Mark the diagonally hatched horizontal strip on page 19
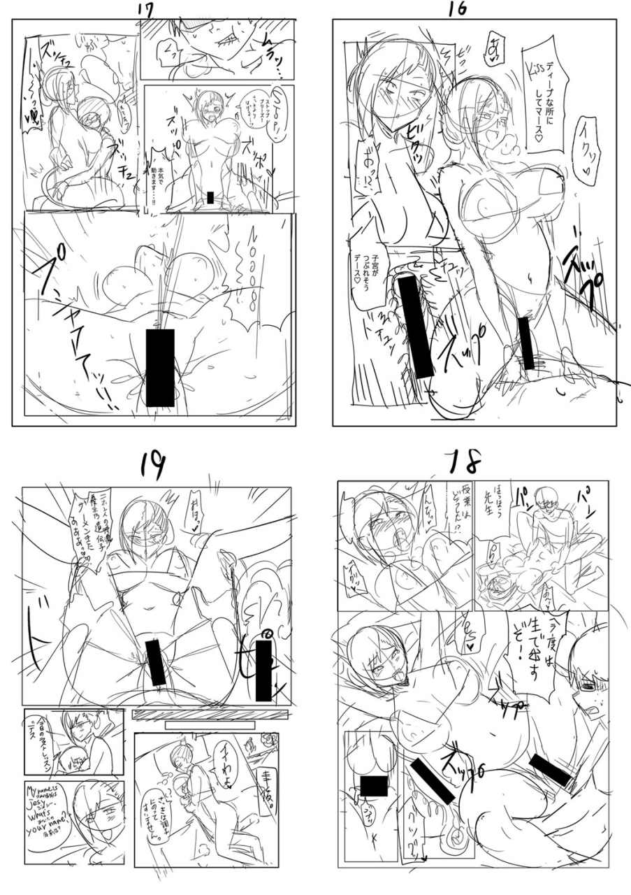coord(210,714)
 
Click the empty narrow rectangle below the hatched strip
coord(210,725)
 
